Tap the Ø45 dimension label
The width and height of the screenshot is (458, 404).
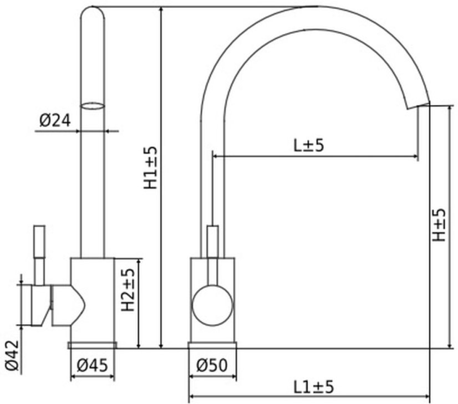tap(92, 365)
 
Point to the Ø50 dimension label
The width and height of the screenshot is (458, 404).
tap(212, 365)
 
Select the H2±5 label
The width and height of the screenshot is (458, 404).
tap(128, 290)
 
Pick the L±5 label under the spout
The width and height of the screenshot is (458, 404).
tap(308, 146)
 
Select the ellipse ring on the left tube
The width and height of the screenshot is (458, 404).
tap(93, 105)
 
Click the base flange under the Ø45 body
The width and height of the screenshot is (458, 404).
tap(93, 345)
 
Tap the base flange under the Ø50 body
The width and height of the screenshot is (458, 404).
tap(213, 345)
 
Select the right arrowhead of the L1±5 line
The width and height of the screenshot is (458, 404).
tap(427, 397)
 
